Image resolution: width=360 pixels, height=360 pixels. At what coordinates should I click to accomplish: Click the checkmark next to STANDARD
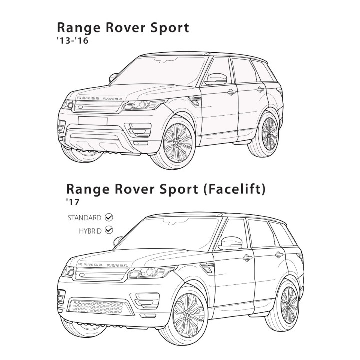pyautogui.click(x=109, y=217)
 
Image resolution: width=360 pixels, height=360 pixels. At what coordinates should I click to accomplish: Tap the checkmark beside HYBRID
pyautogui.click(x=109, y=230)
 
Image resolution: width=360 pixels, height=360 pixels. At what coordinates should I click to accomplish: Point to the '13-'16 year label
pyautogui.click(x=73, y=41)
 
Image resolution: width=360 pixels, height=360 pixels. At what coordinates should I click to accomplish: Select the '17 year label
pyautogui.click(x=73, y=202)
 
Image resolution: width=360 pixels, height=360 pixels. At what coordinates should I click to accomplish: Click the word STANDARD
pyautogui.click(x=84, y=218)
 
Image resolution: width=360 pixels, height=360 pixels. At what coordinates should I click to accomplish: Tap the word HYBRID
pyautogui.click(x=90, y=231)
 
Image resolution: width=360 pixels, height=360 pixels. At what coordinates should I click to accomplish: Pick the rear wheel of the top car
pyautogui.click(x=266, y=134)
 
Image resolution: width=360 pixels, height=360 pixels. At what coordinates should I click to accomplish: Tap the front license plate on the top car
pyautogui.click(x=93, y=121)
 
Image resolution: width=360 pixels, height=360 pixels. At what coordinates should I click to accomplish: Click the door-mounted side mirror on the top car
pyautogui.click(x=216, y=79)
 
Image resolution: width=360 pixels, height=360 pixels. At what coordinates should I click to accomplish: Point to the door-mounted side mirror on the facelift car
pyautogui.click(x=230, y=243)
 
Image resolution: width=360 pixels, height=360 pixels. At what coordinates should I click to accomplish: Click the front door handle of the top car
pyautogui.click(x=232, y=92)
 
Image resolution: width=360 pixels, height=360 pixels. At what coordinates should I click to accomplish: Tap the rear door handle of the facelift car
pyautogui.click(x=279, y=255)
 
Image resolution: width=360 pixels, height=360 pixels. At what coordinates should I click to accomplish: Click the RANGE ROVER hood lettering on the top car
pyautogui.click(x=99, y=98)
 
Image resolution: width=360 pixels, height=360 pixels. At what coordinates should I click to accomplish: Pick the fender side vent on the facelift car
pyautogui.click(x=208, y=267)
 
